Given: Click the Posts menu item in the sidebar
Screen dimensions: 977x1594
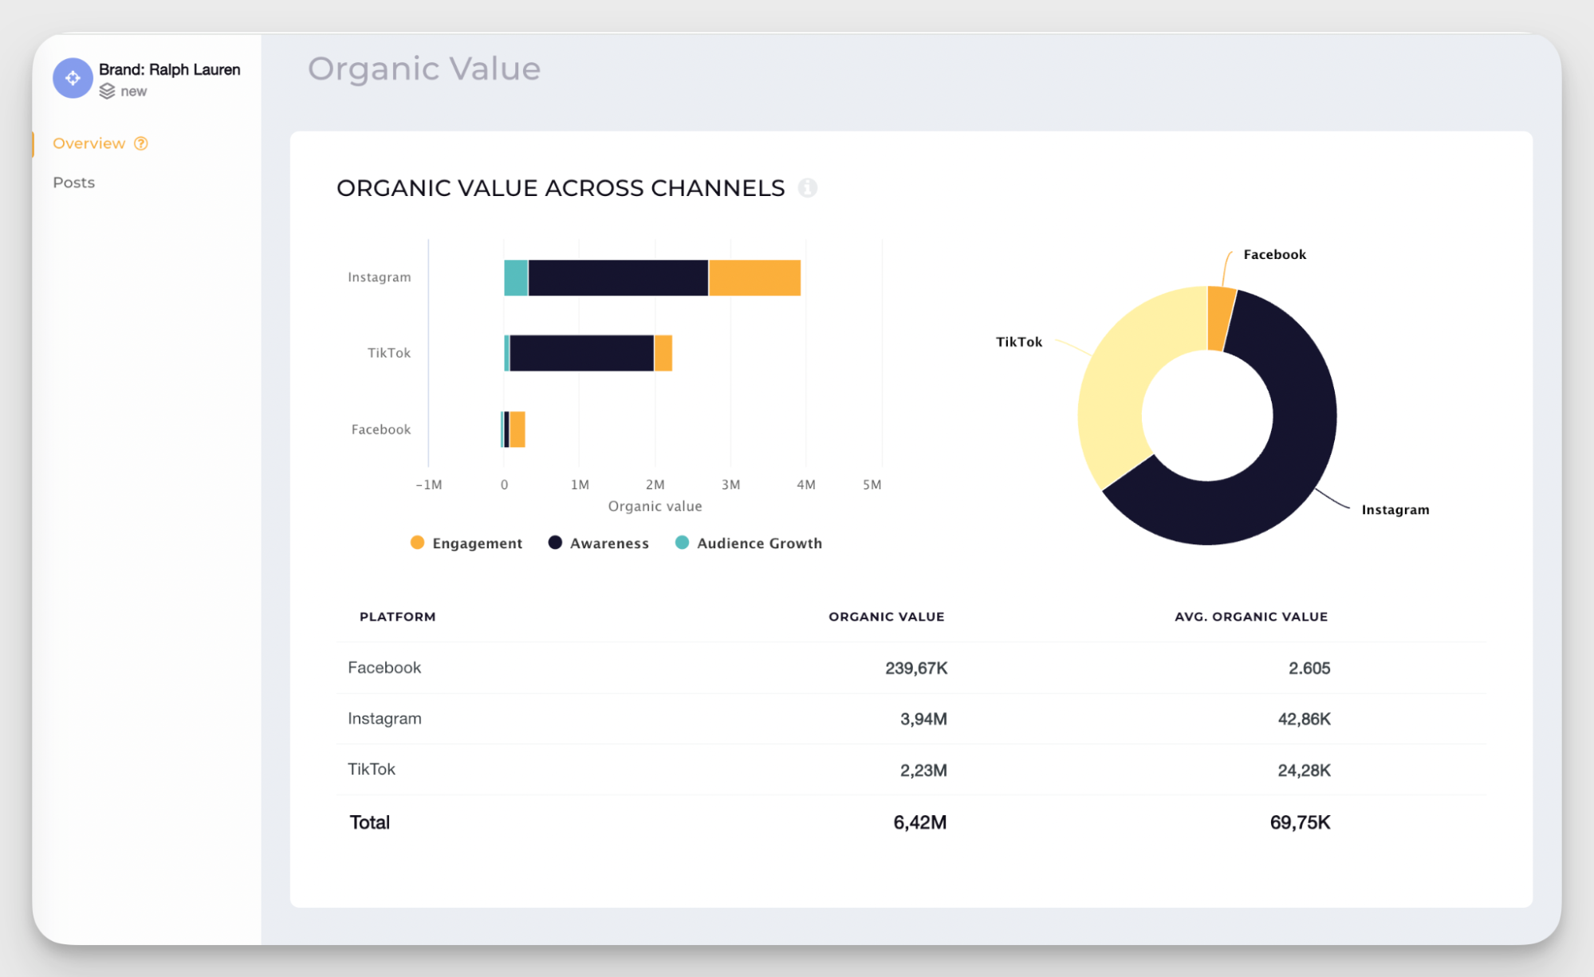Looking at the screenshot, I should [x=73, y=182].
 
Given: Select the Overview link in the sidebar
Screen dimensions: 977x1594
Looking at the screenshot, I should [x=89, y=143].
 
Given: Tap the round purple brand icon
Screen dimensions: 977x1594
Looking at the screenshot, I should [x=73, y=78].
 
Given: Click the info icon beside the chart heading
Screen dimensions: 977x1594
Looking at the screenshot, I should [x=807, y=188].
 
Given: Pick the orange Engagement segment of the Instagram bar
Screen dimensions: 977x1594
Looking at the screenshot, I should [x=754, y=278].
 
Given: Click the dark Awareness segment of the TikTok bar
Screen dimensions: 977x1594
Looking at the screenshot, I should [x=581, y=353].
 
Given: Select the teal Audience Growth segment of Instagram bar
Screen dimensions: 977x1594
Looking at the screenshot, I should [x=516, y=278].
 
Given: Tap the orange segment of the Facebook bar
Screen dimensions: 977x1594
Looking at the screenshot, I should [x=518, y=430].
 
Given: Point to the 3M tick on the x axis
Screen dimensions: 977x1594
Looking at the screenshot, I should [x=730, y=485].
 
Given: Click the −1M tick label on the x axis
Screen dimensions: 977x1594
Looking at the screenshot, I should [x=428, y=485].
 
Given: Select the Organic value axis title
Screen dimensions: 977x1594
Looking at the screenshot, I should [x=655, y=506].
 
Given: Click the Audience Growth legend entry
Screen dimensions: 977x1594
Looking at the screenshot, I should [x=749, y=543].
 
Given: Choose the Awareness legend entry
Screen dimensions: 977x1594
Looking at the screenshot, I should [x=599, y=543].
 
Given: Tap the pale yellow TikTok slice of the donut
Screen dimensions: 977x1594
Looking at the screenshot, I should [x=1124, y=383].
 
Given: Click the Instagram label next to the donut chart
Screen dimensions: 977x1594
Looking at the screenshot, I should [x=1395, y=510].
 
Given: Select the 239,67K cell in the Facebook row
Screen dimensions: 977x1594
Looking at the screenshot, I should [x=915, y=669].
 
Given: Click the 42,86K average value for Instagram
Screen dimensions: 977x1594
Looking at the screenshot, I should [x=1304, y=720].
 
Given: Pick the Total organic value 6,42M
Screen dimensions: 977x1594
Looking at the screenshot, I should [x=919, y=822].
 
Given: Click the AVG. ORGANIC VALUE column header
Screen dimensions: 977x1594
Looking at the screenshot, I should [x=1250, y=617].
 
